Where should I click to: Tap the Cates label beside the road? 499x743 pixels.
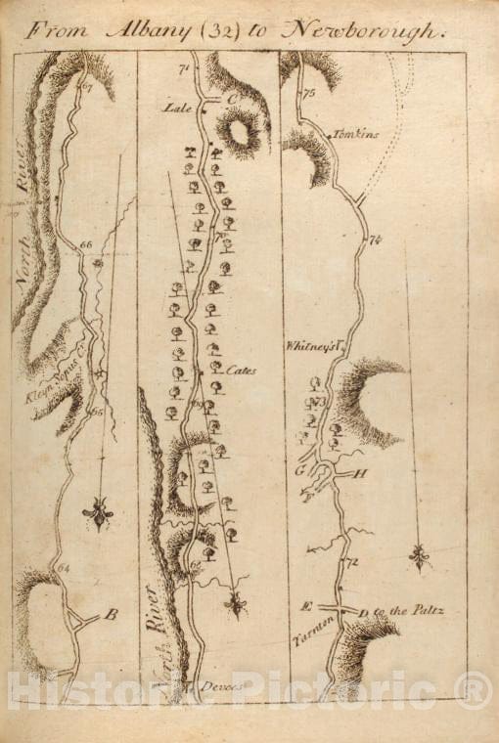tap(240, 371)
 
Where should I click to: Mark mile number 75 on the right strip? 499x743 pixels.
tap(309, 94)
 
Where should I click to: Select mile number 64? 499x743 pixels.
tap(65, 568)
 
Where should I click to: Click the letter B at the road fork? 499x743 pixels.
tap(111, 615)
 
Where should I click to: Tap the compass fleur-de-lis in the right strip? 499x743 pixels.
tap(420, 559)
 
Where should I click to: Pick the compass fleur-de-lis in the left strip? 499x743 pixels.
tap(100, 512)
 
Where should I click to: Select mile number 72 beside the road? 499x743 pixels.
tap(353, 562)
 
